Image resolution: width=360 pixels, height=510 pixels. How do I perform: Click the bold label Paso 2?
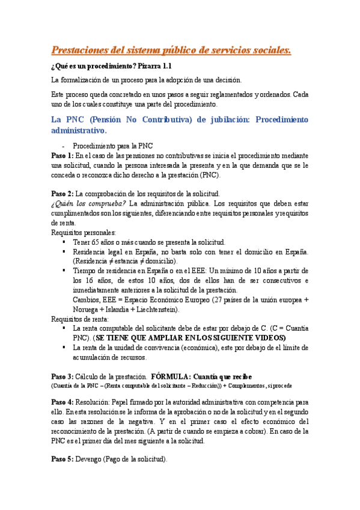point(63,194)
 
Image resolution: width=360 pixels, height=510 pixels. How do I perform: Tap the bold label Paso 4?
point(63,401)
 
